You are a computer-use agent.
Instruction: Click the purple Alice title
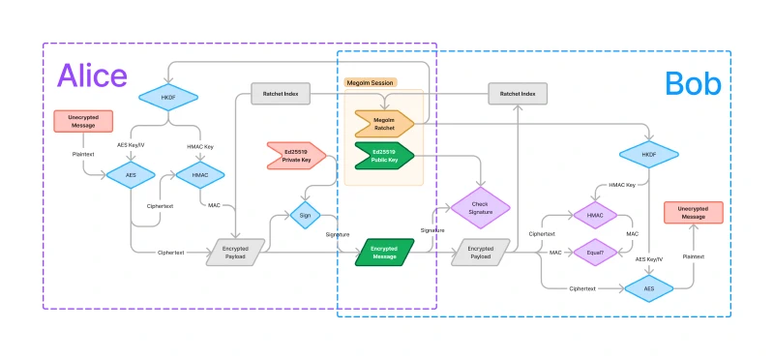click(x=92, y=76)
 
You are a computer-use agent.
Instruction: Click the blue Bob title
click(x=693, y=84)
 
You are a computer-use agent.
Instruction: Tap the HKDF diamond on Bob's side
click(x=649, y=154)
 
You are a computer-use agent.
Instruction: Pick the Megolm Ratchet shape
click(x=384, y=123)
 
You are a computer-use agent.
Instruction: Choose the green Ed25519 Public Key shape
click(x=384, y=154)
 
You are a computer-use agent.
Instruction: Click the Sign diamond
click(x=306, y=213)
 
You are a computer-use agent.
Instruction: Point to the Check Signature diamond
click(x=480, y=207)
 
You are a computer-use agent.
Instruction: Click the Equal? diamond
click(x=595, y=252)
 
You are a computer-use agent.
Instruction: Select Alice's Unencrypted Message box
click(x=84, y=121)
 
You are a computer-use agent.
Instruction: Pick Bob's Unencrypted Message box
click(x=692, y=213)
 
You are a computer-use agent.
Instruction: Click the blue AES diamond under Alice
click(x=130, y=175)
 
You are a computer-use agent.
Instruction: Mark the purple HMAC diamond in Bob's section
click(x=595, y=215)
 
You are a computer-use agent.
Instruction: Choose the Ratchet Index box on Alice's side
click(x=281, y=94)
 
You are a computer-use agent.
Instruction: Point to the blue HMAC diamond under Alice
click(x=199, y=175)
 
